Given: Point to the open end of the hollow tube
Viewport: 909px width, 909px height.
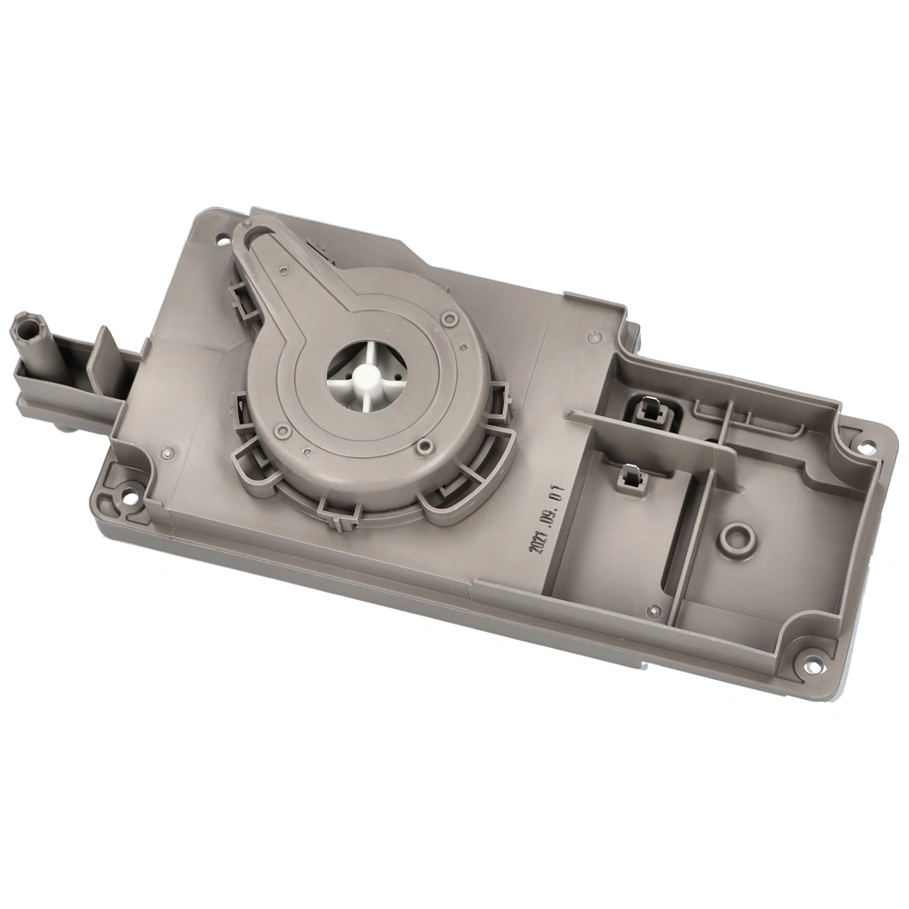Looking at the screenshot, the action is coord(25,322).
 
